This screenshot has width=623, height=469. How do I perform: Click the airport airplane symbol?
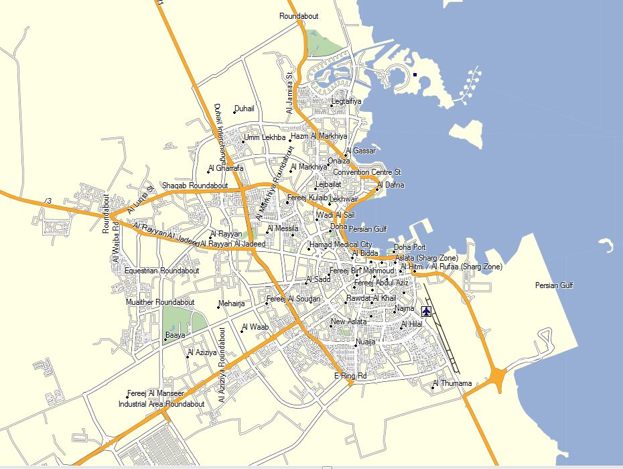point(427,312)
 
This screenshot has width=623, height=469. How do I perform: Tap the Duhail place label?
point(245,108)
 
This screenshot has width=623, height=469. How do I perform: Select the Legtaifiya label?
point(346,102)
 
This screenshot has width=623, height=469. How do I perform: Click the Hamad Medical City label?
point(340,245)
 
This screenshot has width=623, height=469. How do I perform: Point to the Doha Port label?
point(409,247)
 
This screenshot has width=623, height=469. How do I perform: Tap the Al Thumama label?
point(452,384)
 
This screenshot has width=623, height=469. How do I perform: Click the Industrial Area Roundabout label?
point(161,405)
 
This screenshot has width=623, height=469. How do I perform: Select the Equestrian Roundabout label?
point(162,271)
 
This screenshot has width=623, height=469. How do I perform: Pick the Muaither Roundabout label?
point(160,302)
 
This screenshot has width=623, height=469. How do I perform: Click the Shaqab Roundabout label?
point(195,185)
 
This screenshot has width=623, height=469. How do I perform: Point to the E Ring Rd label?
point(350,377)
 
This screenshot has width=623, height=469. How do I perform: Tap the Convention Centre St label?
point(366,172)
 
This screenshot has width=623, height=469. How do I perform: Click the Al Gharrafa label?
point(226,167)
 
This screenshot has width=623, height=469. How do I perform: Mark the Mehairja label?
point(232,304)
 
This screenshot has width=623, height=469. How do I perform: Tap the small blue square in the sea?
point(415,75)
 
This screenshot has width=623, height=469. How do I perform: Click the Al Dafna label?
point(391,185)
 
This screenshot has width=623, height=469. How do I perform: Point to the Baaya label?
point(176,334)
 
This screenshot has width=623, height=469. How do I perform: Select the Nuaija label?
point(365,342)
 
